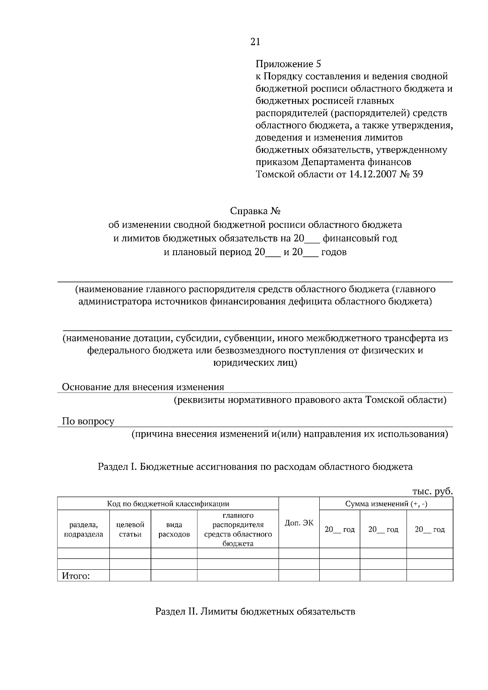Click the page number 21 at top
coord(255,41)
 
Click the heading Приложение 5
coord(288,64)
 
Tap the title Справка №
coord(255,211)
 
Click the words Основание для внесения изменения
coord(143,387)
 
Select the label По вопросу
coord(88,421)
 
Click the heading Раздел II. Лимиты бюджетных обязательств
coord(255,611)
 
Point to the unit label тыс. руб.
coord(432,491)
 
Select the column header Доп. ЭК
coord(299,523)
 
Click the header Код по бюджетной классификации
coord(168,504)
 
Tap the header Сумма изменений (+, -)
coord(386,504)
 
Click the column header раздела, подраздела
coord(83,529)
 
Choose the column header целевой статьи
coord(130,529)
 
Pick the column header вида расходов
coord(174,529)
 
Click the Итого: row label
coord(76,576)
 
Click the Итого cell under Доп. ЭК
coord(299,575)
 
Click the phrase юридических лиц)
coord(255,363)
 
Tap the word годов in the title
coord(334,252)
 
